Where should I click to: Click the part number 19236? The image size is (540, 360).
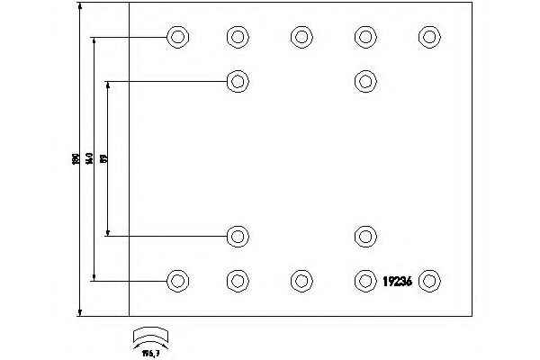point(397,281)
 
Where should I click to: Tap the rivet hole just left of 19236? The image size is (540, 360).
point(364,280)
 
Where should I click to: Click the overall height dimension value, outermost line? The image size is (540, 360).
point(76,159)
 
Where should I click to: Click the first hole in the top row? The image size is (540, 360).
point(177,37)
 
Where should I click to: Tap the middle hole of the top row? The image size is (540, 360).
point(301,37)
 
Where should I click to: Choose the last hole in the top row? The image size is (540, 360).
point(428,37)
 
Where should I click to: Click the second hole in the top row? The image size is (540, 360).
point(237,37)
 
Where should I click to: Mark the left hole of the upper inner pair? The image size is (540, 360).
point(237,81)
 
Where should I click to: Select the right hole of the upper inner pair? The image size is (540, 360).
point(364,81)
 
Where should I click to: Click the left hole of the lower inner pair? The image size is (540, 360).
point(237,237)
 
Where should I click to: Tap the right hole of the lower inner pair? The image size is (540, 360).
point(364,237)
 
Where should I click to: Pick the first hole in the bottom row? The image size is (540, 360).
point(177,280)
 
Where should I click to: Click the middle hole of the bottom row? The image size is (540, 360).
point(301,280)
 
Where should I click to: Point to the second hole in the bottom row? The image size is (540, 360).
point(237,280)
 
